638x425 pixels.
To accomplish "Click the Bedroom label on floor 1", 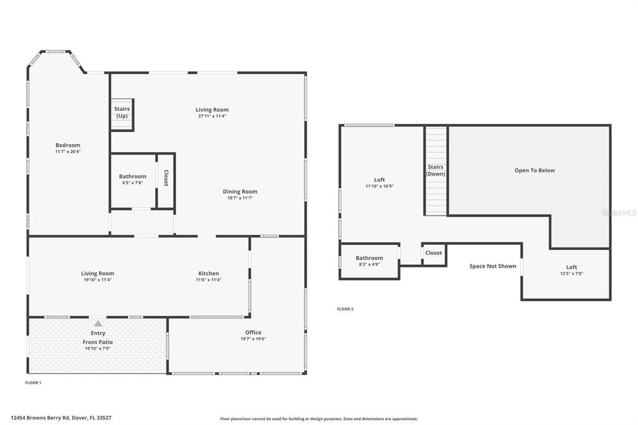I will tap(68, 145).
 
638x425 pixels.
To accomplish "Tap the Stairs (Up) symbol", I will tap(122, 113).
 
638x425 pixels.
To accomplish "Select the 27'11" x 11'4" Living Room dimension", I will tap(212, 116).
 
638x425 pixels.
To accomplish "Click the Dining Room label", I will tap(240, 191).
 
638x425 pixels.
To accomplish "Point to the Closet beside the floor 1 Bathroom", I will tap(166, 178).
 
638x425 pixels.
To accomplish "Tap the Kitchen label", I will tap(209, 273).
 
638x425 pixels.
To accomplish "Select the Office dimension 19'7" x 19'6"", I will tap(253, 339).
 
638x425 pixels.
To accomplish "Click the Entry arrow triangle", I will tap(98, 323).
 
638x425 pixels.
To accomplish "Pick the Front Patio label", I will tap(98, 342).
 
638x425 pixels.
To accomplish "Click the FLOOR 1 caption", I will tap(33, 382).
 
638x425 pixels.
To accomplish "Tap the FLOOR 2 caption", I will tap(345, 309).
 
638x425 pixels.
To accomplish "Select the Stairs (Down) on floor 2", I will tap(436, 170).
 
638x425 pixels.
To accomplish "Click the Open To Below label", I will tap(535, 170).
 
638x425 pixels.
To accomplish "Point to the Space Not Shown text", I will tap(493, 266).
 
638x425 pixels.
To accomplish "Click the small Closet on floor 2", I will tap(434, 253).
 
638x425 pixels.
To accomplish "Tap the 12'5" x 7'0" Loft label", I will tap(571, 274).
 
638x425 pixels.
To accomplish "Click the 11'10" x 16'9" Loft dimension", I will tap(379, 186).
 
